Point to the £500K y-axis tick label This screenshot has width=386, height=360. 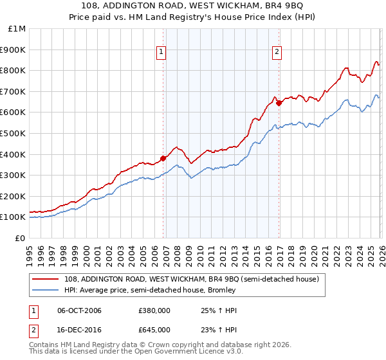coord(14,133)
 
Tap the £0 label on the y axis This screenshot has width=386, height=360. coord(21,238)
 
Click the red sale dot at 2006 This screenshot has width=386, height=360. coord(163,158)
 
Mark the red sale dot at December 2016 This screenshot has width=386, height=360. coord(279,103)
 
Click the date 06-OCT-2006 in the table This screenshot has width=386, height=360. coord(79,310)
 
